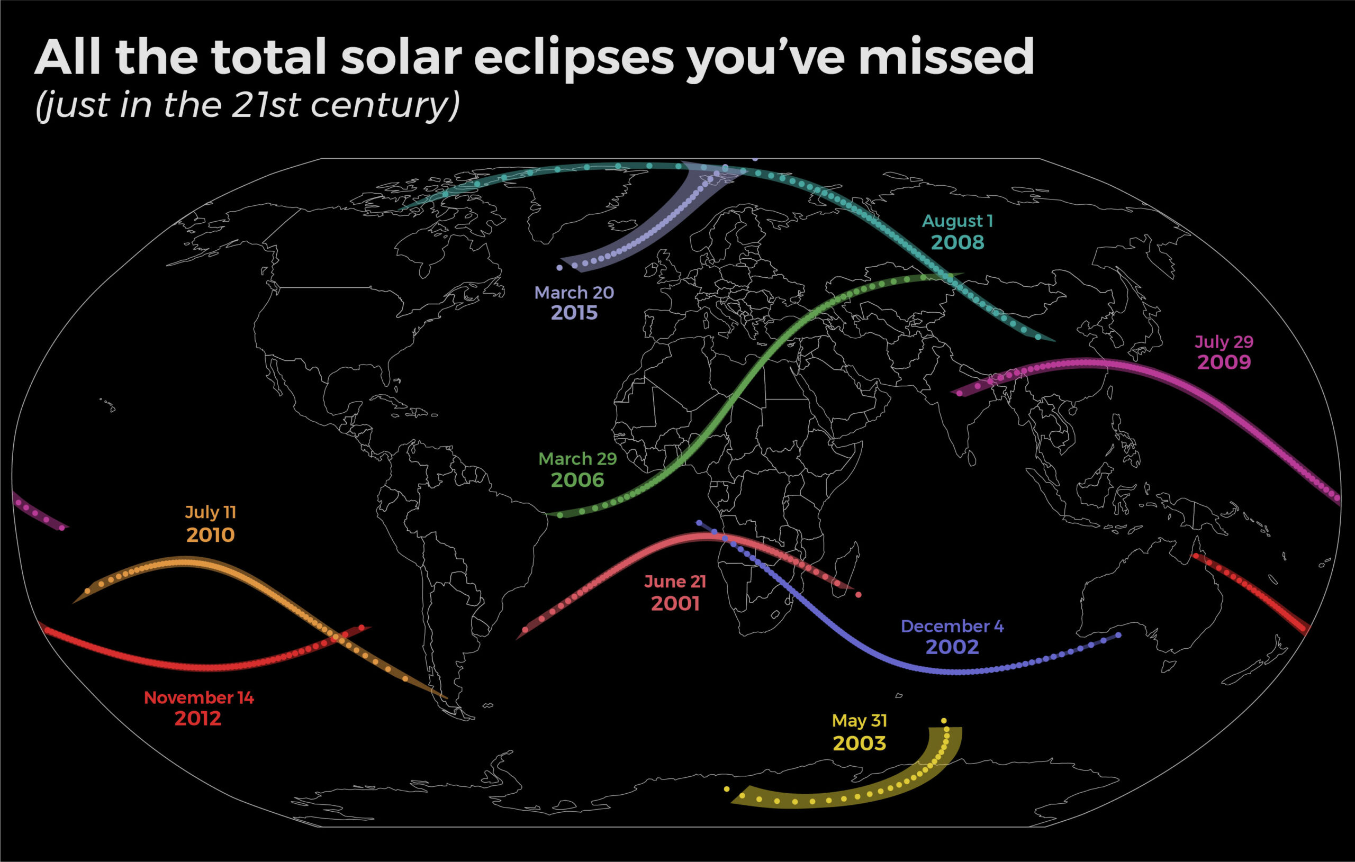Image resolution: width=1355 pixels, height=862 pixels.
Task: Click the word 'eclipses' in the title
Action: [574, 59]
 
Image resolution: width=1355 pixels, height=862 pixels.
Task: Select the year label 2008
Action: [957, 242]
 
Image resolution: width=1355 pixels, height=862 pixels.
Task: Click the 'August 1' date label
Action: [957, 221]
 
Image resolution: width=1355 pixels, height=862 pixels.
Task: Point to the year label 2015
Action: [574, 313]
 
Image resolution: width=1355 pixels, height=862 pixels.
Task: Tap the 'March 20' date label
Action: [574, 293]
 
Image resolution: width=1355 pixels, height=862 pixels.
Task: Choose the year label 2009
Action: [1224, 362]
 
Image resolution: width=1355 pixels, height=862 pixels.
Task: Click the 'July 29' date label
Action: [1224, 341]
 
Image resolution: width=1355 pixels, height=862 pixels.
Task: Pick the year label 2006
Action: [577, 480]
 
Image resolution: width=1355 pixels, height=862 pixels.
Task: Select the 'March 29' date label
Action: [577, 459]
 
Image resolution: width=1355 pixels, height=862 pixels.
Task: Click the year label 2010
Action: [211, 534]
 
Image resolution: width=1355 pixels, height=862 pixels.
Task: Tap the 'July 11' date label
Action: [211, 512]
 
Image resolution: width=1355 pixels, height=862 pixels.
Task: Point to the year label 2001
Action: [675, 604]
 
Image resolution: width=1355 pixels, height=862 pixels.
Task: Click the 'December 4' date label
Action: [952, 626]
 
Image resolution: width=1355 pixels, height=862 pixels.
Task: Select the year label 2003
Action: [859, 743]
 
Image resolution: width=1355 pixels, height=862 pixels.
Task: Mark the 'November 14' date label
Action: [198, 698]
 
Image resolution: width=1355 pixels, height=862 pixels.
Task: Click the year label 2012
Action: [198, 719]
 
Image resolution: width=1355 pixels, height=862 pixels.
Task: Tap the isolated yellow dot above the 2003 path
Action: [944, 721]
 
